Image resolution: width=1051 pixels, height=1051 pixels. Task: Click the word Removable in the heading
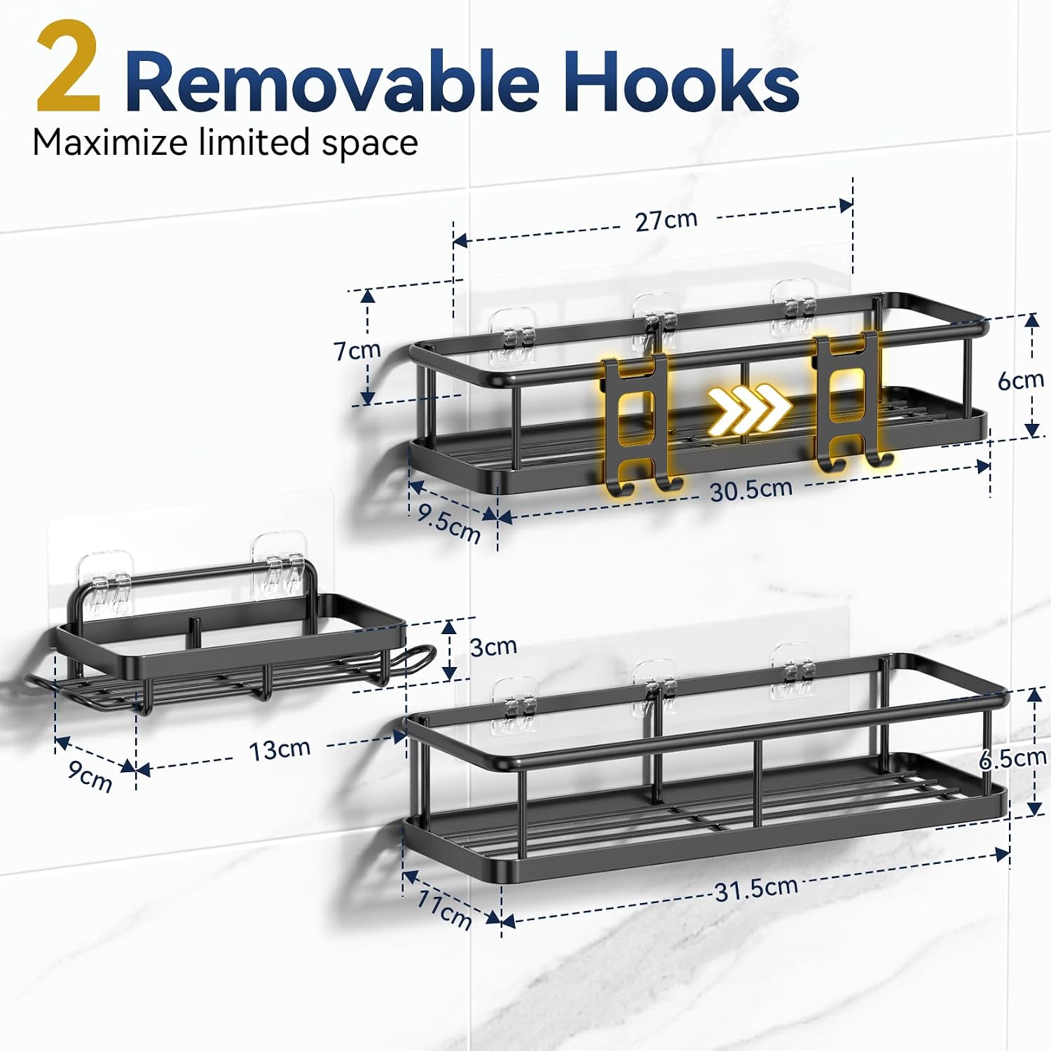click(x=332, y=81)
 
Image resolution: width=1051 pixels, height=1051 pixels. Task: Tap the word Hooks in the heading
click(x=681, y=81)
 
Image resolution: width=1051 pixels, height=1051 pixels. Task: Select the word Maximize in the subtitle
click(x=110, y=142)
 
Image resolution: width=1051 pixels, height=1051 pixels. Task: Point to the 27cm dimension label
click(x=666, y=220)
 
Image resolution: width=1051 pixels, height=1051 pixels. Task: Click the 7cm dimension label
click(x=357, y=350)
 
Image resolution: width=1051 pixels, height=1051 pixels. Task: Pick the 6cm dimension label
click(x=1021, y=380)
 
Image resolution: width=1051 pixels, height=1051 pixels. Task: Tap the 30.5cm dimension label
click(x=751, y=490)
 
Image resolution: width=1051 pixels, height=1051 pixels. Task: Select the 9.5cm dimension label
click(x=449, y=523)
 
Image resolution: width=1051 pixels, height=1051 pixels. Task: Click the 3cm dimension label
click(x=493, y=646)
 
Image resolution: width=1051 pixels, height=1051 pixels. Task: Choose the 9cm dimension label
click(x=90, y=776)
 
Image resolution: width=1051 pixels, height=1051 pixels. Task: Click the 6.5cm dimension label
click(x=1012, y=758)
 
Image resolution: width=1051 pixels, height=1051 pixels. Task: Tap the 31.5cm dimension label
click(x=756, y=889)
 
